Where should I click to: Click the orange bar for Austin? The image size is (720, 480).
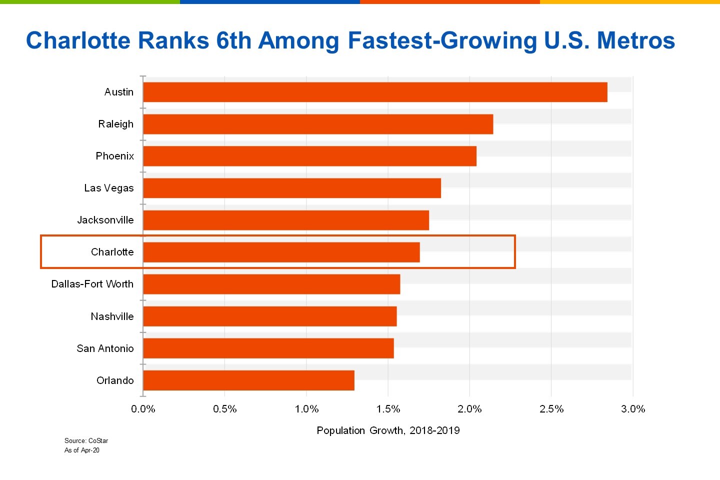click(375, 92)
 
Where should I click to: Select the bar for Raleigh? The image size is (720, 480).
click(318, 124)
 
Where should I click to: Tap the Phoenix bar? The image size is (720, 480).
click(309, 156)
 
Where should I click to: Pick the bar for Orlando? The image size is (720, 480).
click(248, 380)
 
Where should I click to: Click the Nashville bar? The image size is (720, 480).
click(269, 316)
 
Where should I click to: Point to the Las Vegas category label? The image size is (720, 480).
click(109, 188)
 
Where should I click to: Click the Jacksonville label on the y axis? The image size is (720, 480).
click(105, 220)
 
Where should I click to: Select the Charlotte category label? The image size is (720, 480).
click(112, 252)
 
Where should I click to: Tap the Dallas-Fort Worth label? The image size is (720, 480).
click(92, 284)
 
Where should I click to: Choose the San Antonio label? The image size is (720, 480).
click(105, 348)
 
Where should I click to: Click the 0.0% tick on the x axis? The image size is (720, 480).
click(143, 409)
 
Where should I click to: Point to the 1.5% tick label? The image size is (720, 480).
click(388, 409)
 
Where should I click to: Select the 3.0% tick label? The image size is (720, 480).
click(633, 409)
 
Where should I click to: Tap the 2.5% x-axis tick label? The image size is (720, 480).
click(551, 409)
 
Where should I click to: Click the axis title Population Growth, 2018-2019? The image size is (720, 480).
click(388, 430)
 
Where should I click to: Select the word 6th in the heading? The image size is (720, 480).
click(233, 40)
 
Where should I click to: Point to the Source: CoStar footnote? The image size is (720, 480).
click(86, 440)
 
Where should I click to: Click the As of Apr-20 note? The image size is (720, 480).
click(82, 450)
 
